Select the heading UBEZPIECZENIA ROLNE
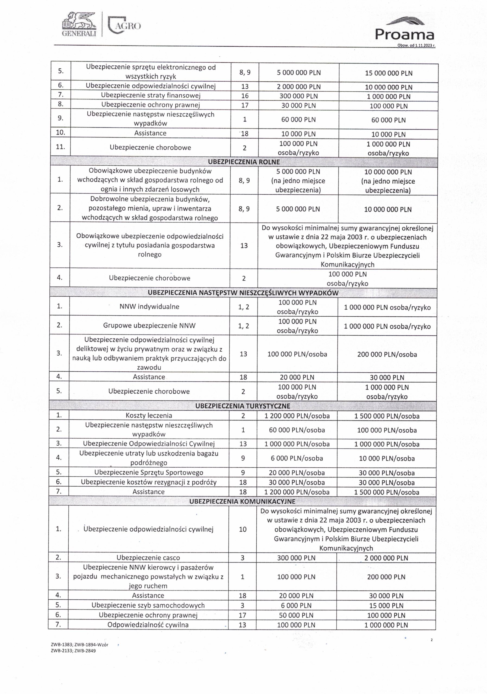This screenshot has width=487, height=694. click(244, 162)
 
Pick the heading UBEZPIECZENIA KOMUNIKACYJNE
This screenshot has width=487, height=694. click(242, 501)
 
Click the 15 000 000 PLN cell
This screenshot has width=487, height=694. click(389, 73)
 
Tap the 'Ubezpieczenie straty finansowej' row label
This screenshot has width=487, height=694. click(151, 95)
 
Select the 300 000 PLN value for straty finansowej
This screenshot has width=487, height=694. click(298, 96)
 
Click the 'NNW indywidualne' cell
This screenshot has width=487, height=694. click(149, 307)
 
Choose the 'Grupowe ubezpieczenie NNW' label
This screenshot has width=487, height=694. click(149, 326)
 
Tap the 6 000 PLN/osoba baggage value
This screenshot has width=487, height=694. click(297, 458)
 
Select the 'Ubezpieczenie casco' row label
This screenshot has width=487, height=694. click(148, 558)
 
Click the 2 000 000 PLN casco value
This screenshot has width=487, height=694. click(386, 558)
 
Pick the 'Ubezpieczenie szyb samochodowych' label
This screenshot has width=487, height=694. click(148, 605)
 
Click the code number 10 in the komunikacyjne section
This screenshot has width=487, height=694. click(243, 529)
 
